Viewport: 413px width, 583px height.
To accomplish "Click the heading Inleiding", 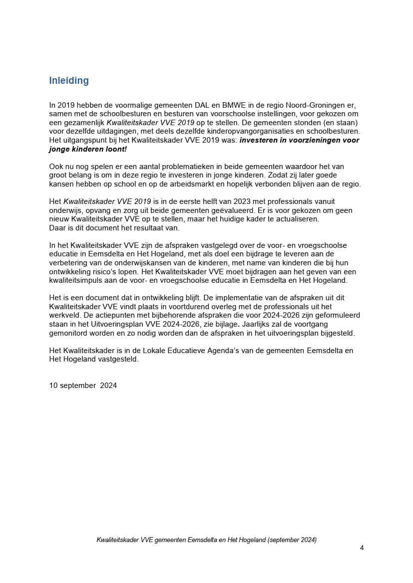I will pos(69,81).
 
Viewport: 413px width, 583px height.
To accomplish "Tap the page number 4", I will pos(362,548).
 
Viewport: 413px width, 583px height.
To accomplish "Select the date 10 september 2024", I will pos(83,386).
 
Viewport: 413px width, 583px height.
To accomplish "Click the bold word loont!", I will pos(116,149).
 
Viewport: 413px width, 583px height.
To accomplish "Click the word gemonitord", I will pos(69,333).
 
